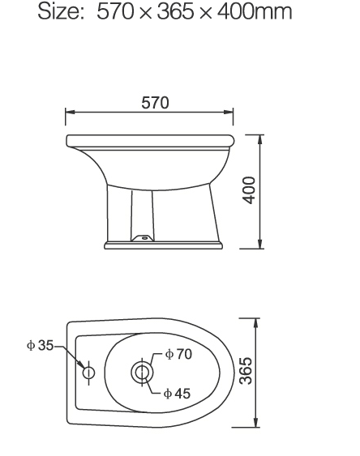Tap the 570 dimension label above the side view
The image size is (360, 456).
(155, 102)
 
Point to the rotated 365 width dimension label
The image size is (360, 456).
(246, 371)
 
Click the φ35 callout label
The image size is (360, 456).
(39, 345)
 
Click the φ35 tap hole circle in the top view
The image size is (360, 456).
(88, 373)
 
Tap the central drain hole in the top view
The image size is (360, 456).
(142, 373)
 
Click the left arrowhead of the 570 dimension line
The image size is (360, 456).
(69, 113)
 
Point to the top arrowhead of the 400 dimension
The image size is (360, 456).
(259, 139)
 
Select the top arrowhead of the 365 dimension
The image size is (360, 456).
(256, 321)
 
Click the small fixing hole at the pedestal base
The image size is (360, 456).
(144, 238)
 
